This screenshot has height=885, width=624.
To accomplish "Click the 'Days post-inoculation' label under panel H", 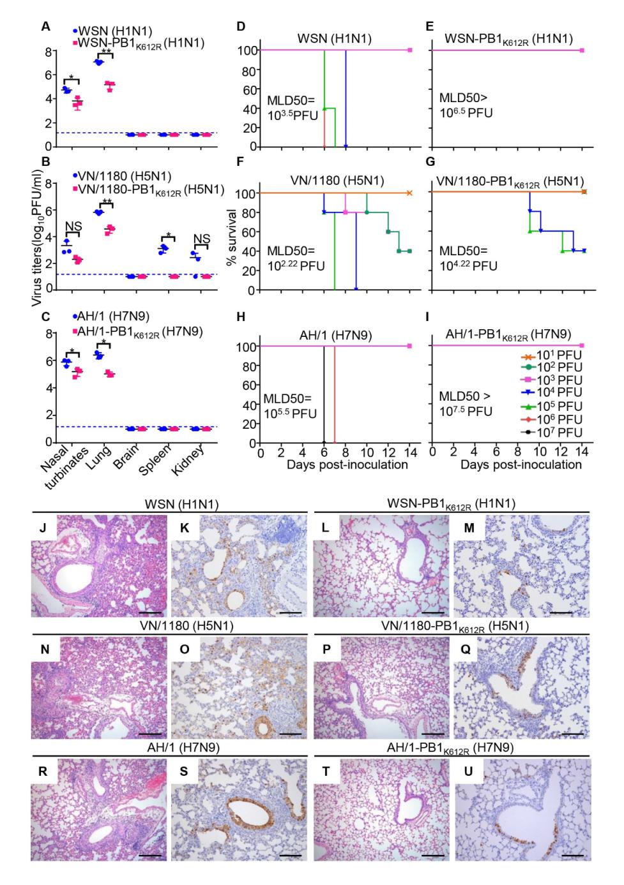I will (x=347, y=465).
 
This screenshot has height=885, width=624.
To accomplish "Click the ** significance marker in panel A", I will (x=106, y=52).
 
